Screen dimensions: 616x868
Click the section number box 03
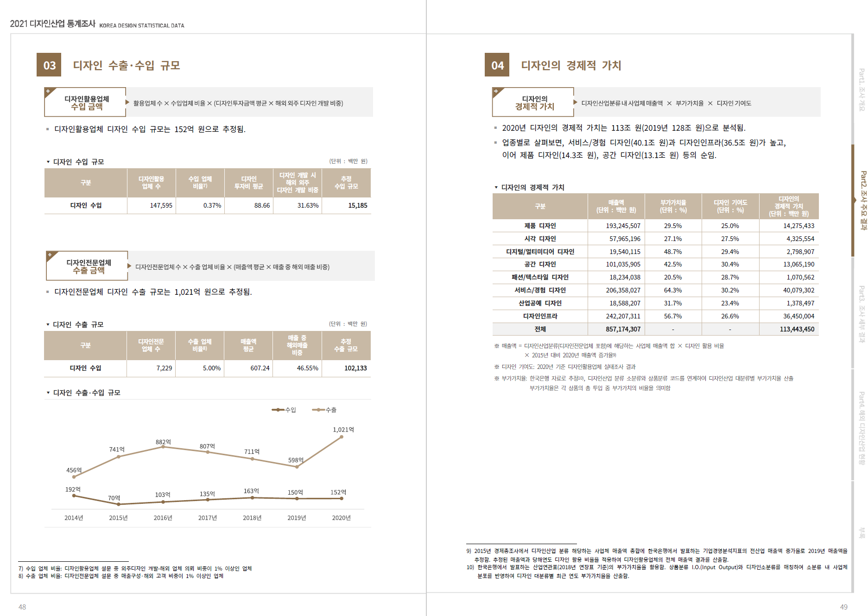[49, 65]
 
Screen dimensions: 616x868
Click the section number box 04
[497, 65]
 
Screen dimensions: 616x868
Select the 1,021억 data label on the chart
[343, 430]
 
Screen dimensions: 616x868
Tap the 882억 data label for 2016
[163, 442]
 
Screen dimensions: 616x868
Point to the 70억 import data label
[114, 498]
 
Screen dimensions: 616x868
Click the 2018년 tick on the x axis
[252, 518]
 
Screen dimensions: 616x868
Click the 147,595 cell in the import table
[161, 205]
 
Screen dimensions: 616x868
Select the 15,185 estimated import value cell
[357, 205]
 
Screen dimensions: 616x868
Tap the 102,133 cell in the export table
[355, 368]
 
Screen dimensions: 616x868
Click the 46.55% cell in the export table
[307, 368]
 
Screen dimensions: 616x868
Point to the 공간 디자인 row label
[540, 264]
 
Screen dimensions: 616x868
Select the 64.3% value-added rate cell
[673, 290]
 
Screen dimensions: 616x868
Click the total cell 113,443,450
[797, 329]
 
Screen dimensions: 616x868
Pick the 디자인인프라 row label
[540, 316]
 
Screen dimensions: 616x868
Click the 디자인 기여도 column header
[730, 206]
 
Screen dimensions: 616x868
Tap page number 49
[843, 607]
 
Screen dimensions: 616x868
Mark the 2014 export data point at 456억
[74, 476]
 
